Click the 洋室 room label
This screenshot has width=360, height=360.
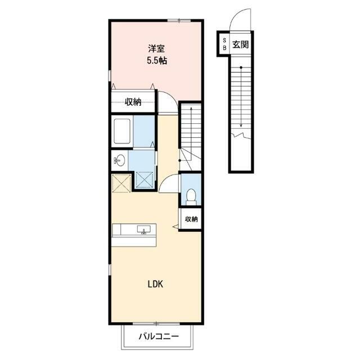[156, 49]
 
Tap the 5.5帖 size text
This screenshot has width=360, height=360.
[157, 61]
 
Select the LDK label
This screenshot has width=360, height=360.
[155, 284]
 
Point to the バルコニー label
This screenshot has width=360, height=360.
[159, 337]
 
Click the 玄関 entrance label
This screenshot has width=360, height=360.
[241, 44]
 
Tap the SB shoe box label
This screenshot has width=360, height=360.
[224, 44]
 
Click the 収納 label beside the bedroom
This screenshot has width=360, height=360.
[133, 102]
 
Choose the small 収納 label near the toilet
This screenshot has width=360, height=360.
[191, 219]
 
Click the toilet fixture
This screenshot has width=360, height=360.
[191, 197]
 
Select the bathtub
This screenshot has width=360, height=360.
[122, 131]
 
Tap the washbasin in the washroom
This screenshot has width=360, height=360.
[120, 160]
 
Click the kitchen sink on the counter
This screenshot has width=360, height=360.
[144, 229]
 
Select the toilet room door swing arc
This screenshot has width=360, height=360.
[164, 179]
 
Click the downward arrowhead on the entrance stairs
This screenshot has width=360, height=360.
[241, 125]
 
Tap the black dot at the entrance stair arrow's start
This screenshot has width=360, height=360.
[241, 67]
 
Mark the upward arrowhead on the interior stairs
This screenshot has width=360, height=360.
[191, 109]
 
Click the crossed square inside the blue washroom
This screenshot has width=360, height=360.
[145, 180]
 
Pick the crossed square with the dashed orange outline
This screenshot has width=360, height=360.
[121, 183]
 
